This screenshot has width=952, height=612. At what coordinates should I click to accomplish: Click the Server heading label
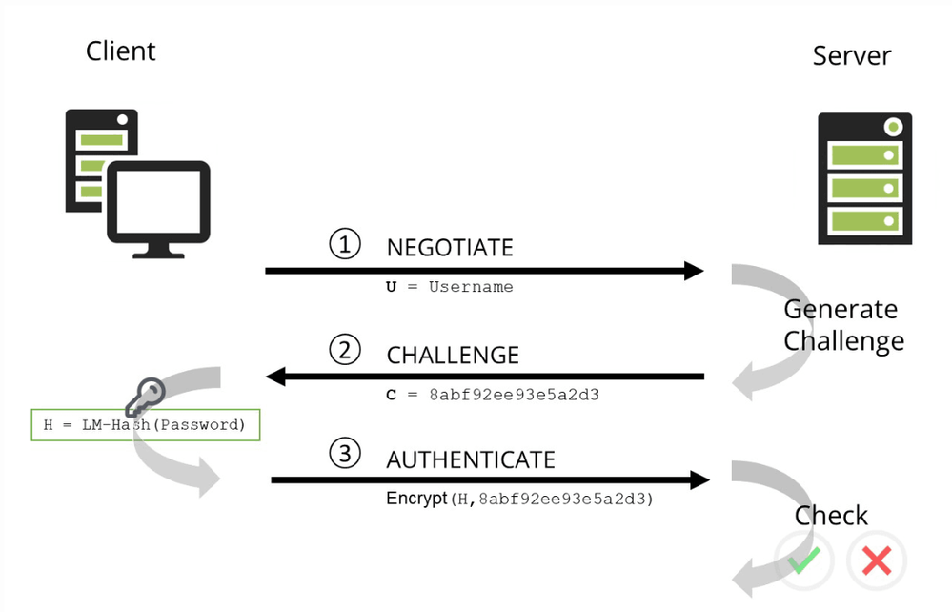click(851, 54)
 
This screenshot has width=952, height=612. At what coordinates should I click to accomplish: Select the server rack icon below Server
click(864, 177)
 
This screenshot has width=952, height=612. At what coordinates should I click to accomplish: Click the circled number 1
click(345, 245)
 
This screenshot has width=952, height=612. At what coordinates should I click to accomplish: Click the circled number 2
click(345, 352)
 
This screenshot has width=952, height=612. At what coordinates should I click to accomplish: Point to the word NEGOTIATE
click(450, 248)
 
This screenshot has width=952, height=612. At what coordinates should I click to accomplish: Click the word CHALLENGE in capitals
click(453, 356)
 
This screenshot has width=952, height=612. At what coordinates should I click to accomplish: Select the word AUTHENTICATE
click(471, 459)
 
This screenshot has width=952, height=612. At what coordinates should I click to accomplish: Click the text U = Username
click(449, 287)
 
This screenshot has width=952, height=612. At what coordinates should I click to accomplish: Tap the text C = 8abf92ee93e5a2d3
click(492, 394)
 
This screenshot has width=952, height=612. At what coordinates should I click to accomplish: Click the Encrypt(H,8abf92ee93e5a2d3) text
click(519, 498)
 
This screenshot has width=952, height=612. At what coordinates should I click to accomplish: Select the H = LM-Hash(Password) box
click(146, 424)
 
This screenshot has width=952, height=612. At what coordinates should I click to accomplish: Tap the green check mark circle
click(803, 560)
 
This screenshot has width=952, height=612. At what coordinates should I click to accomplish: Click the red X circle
click(876, 560)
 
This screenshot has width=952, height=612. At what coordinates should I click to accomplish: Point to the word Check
click(831, 516)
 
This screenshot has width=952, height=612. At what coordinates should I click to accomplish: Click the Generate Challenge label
click(842, 325)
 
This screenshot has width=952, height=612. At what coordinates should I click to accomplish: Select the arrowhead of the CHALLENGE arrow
click(277, 377)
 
